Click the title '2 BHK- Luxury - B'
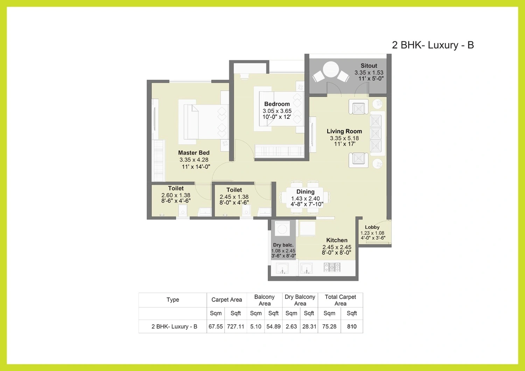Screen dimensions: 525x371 (x=433, y=45)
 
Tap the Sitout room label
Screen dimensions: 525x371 (x=369, y=66)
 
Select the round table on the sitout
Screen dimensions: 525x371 (x=331, y=69)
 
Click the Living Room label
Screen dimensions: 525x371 (x=344, y=131)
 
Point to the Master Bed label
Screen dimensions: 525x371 (x=194, y=153)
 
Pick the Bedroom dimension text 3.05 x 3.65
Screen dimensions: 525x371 (x=277, y=111)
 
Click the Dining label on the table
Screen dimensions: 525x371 (x=306, y=192)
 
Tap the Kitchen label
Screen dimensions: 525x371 (x=337, y=240)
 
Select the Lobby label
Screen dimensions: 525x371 (x=372, y=227)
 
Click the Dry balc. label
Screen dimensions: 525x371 (x=283, y=245)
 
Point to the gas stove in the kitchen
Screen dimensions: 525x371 (x=332, y=267)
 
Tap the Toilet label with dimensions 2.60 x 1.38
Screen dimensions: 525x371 (x=176, y=188)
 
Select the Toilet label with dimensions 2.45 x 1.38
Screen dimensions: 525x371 (x=234, y=190)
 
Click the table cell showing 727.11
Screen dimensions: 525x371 (x=236, y=327)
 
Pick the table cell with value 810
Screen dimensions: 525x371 (x=352, y=327)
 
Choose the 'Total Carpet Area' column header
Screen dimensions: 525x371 (x=340, y=300)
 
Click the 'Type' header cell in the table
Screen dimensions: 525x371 (x=173, y=300)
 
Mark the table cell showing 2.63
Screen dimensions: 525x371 (x=291, y=327)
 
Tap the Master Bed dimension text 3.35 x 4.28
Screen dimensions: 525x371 (x=194, y=160)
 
